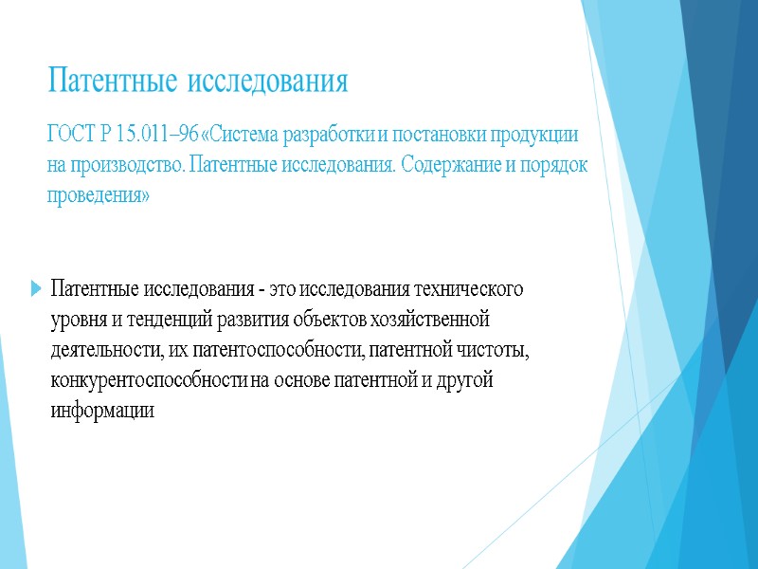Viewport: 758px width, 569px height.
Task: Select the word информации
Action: (x=102, y=413)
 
